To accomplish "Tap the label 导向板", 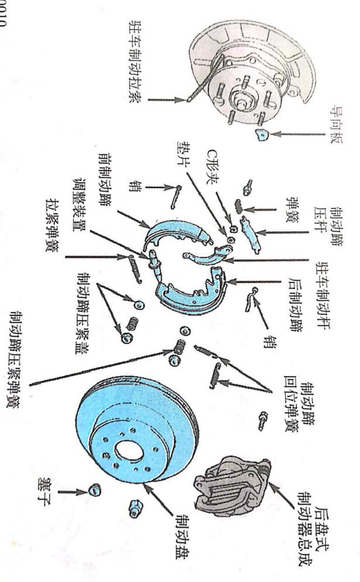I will tap(337, 121).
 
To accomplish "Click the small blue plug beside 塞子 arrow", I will tap(92, 490).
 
